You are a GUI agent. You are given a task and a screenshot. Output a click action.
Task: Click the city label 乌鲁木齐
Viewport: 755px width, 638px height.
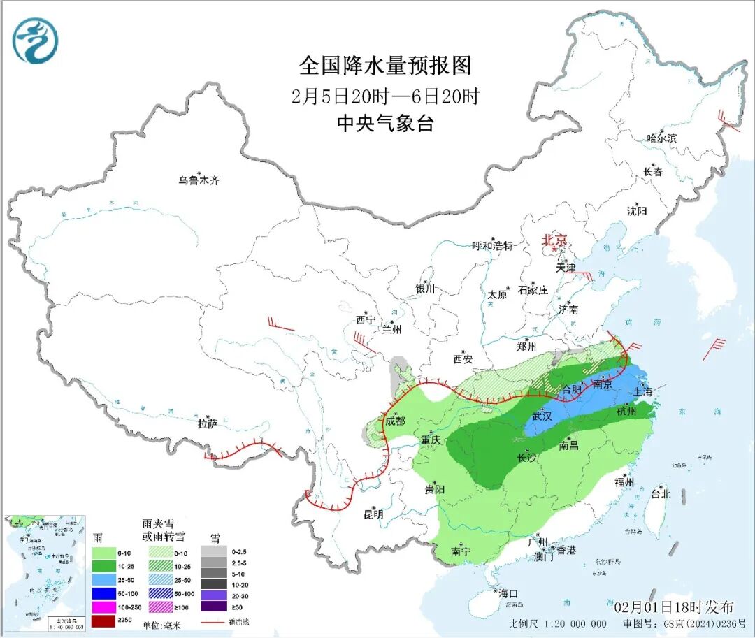(x=199, y=180)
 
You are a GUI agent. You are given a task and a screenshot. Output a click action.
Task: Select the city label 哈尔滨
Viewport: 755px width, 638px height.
(x=661, y=138)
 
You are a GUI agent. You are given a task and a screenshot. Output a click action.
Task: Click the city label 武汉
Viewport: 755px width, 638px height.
(x=542, y=416)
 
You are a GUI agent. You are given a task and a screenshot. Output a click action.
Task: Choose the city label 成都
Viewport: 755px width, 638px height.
(x=395, y=421)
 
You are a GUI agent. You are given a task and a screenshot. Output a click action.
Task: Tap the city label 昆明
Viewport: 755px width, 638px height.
(x=373, y=514)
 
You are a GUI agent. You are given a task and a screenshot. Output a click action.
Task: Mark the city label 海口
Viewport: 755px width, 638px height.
(x=508, y=593)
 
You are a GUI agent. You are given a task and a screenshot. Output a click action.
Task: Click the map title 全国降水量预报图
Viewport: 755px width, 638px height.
(x=385, y=66)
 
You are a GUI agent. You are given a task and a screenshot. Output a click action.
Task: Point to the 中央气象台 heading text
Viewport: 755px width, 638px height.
(x=385, y=124)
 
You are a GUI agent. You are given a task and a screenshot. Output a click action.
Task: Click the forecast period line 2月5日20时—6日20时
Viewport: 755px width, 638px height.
(x=385, y=96)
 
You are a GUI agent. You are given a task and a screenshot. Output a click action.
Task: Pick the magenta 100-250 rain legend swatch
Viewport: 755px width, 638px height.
(x=105, y=607)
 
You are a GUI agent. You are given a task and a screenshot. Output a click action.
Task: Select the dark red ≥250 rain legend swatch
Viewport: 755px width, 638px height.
(x=105, y=621)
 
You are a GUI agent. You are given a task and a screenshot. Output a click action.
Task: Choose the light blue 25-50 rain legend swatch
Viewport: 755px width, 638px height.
(x=105, y=580)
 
